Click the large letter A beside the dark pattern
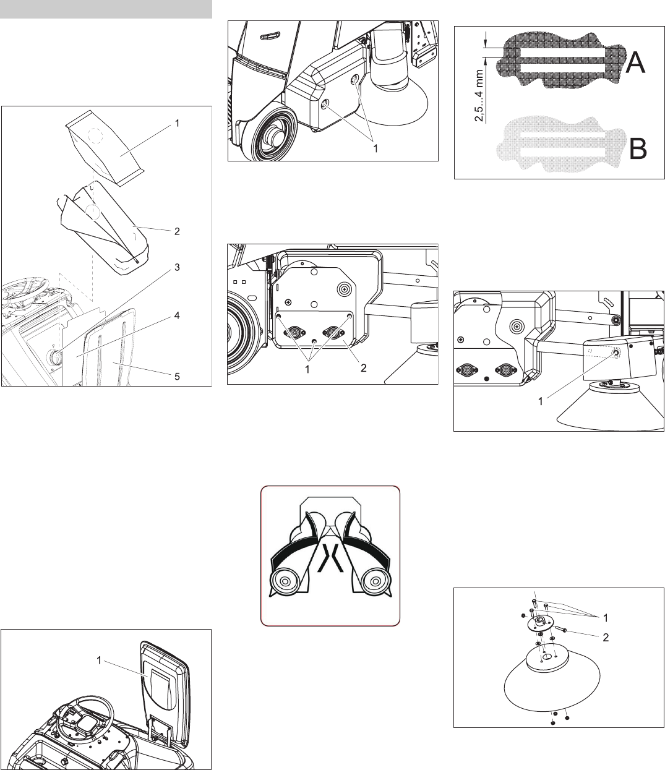[635, 63]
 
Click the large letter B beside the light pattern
[638, 148]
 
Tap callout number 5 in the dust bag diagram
[177, 377]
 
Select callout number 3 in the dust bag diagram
[177, 267]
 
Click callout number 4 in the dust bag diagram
[177, 315]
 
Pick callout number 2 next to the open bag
[177, 231]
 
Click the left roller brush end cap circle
[285, 581]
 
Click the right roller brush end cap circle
[375, 581]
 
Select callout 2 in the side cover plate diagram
[364, 368]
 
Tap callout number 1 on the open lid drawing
[99, 661]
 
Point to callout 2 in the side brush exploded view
[606, 638]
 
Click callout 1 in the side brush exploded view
[606, 618]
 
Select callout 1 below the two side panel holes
[375, 148]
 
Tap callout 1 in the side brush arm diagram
[540, 401]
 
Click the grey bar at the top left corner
[106, 9]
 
